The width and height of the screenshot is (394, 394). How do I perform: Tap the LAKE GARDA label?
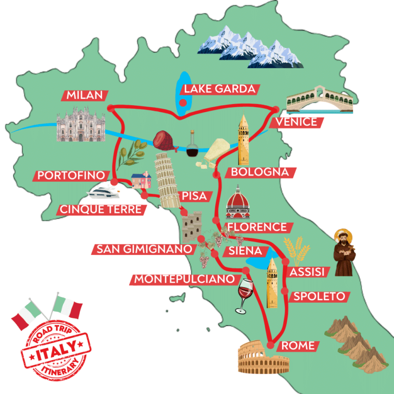pos(220,89)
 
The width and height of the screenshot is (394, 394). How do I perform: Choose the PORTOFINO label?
pos(72,175)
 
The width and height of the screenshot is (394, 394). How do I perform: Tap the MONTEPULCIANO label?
pos(185,280)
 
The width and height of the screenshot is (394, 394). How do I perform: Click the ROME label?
pos(298,346)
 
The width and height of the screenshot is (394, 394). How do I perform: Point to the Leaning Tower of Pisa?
pos(164,180)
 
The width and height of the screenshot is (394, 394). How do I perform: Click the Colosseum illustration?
pos(263,358)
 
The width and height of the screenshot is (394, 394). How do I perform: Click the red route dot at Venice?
pos(276,109)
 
